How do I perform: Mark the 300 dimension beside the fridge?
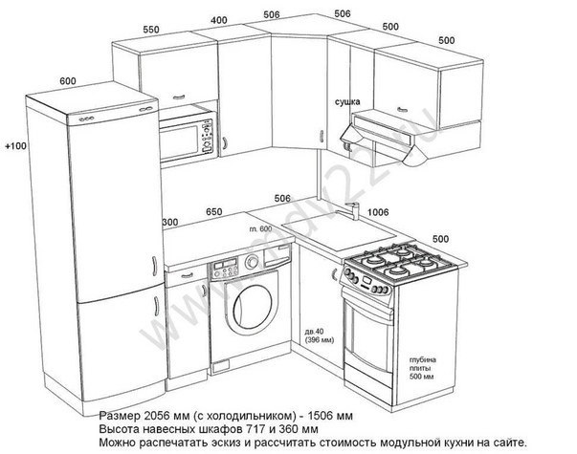pos(171,223)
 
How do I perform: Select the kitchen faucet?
pos(351,211)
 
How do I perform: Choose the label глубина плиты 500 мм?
pos(421,364)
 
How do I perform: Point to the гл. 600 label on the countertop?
pos(260,229)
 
